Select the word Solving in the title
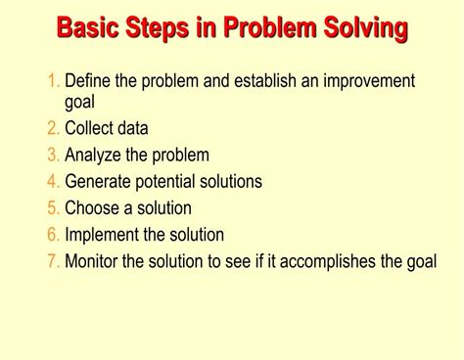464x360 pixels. (363, 26)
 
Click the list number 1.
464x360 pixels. (53, 80)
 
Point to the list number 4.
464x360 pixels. (54, 181)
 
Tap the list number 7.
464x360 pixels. (54, 260)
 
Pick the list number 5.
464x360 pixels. (54, 207)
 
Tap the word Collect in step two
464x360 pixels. (90, 128)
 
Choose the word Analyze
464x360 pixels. (94, 155)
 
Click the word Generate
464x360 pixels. (99, 181)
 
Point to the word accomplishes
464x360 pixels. (339, 261)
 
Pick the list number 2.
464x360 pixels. (54, 128)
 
